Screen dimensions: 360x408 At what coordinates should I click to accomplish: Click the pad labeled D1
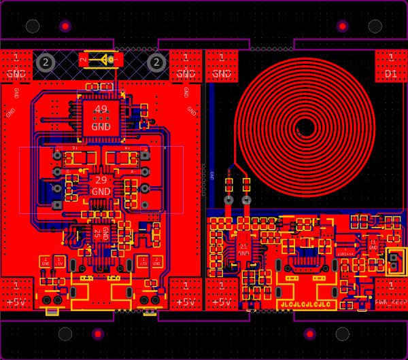tap(391, 66)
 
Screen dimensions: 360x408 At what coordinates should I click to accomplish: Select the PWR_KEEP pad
tap(391, 293)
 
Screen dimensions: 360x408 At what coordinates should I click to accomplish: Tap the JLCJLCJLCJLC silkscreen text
tap(305, 305)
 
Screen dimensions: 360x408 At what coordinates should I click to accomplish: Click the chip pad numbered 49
tap(101, 117)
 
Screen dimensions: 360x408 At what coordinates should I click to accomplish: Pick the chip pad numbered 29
tap(101, 185)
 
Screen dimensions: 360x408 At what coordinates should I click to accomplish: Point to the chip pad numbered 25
tap(101, 233)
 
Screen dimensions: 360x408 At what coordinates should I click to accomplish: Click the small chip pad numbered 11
tap(373, 245)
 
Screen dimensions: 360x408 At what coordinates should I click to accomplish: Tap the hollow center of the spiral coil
tap(305, 127)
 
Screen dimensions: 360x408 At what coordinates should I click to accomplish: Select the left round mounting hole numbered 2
tap(45, 62)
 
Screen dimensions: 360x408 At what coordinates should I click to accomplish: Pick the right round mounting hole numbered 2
tap(156, 62)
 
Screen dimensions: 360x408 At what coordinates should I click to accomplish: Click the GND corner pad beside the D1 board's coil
tap(222, 66)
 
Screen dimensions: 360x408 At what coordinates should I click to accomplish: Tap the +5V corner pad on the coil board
tap(222, 293)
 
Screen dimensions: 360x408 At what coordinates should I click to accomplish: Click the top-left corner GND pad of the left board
tap(16, 66)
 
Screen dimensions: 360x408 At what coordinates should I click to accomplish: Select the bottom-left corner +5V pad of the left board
tap(16, 293)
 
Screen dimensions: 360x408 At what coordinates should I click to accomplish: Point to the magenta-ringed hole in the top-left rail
tap(65, 26)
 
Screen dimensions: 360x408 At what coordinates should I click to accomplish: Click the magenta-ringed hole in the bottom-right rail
tap(310, 334)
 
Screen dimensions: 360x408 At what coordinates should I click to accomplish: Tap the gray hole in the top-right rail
tap(375, 26)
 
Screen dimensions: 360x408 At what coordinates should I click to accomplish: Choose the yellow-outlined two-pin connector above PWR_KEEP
tap(394, 262)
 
